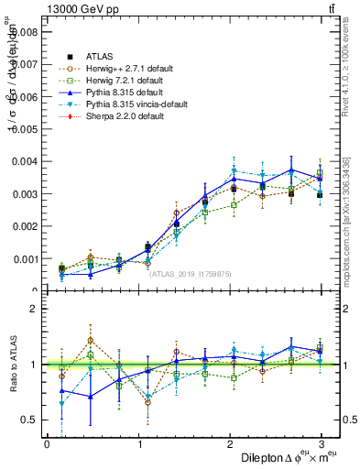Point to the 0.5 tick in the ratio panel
pos(29,420)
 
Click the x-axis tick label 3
pos(322,444)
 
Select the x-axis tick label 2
pos(231,444)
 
